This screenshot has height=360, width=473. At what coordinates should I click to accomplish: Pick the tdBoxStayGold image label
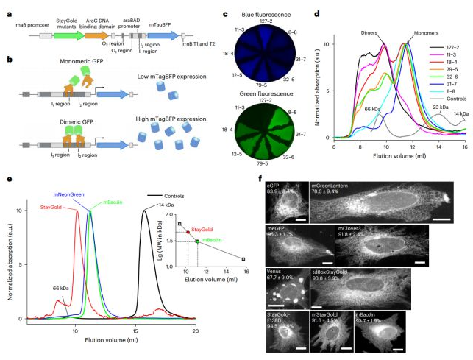coord(332,272)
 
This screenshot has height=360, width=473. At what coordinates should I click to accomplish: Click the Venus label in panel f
coord(274,272)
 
